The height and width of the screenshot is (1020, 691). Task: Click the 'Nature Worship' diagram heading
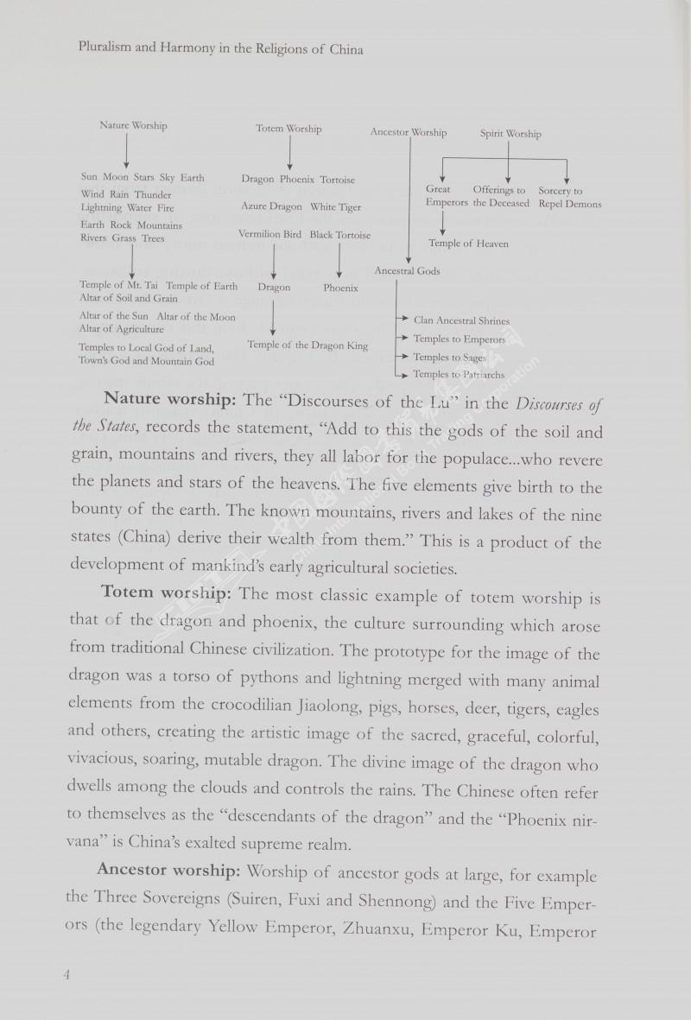pos(133,125)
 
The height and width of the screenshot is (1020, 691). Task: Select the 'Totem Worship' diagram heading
pos(288,129)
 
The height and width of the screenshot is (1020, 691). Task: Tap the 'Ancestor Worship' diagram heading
pos(409,132)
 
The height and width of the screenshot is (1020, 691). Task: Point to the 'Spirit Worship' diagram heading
pos(510,134)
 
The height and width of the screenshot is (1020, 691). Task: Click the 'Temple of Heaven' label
pos(468,244)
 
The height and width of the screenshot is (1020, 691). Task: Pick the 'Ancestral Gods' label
pos(407,271)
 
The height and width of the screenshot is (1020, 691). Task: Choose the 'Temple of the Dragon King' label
pos(307,345)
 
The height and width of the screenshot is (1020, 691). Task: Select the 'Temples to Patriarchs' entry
pos(459,374)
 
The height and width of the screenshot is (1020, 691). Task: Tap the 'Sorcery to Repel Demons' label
pos(570,197)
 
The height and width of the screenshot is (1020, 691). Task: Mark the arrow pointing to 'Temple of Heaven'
pos(443,225)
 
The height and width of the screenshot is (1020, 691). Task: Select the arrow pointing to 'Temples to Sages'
pos(402,357)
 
